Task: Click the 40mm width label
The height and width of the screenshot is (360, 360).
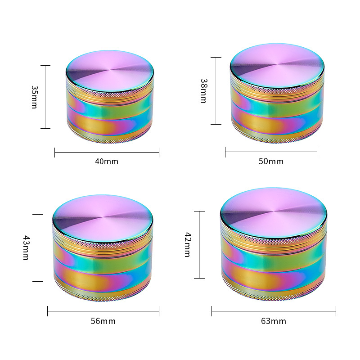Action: click(107, 162)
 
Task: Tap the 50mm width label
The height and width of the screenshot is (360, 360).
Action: click(271, 162)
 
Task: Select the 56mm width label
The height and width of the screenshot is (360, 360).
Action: click(103, 321)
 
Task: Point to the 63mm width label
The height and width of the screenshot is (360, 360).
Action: click(274, 321)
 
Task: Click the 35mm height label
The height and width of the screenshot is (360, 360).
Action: click(35, 97)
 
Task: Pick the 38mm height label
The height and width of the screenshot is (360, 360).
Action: click(204, 91)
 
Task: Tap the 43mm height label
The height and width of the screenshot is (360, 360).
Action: click(26, 247)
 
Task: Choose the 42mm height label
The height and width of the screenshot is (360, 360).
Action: click(188, 244)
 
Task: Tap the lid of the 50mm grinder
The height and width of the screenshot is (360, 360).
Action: click(277, 66)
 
